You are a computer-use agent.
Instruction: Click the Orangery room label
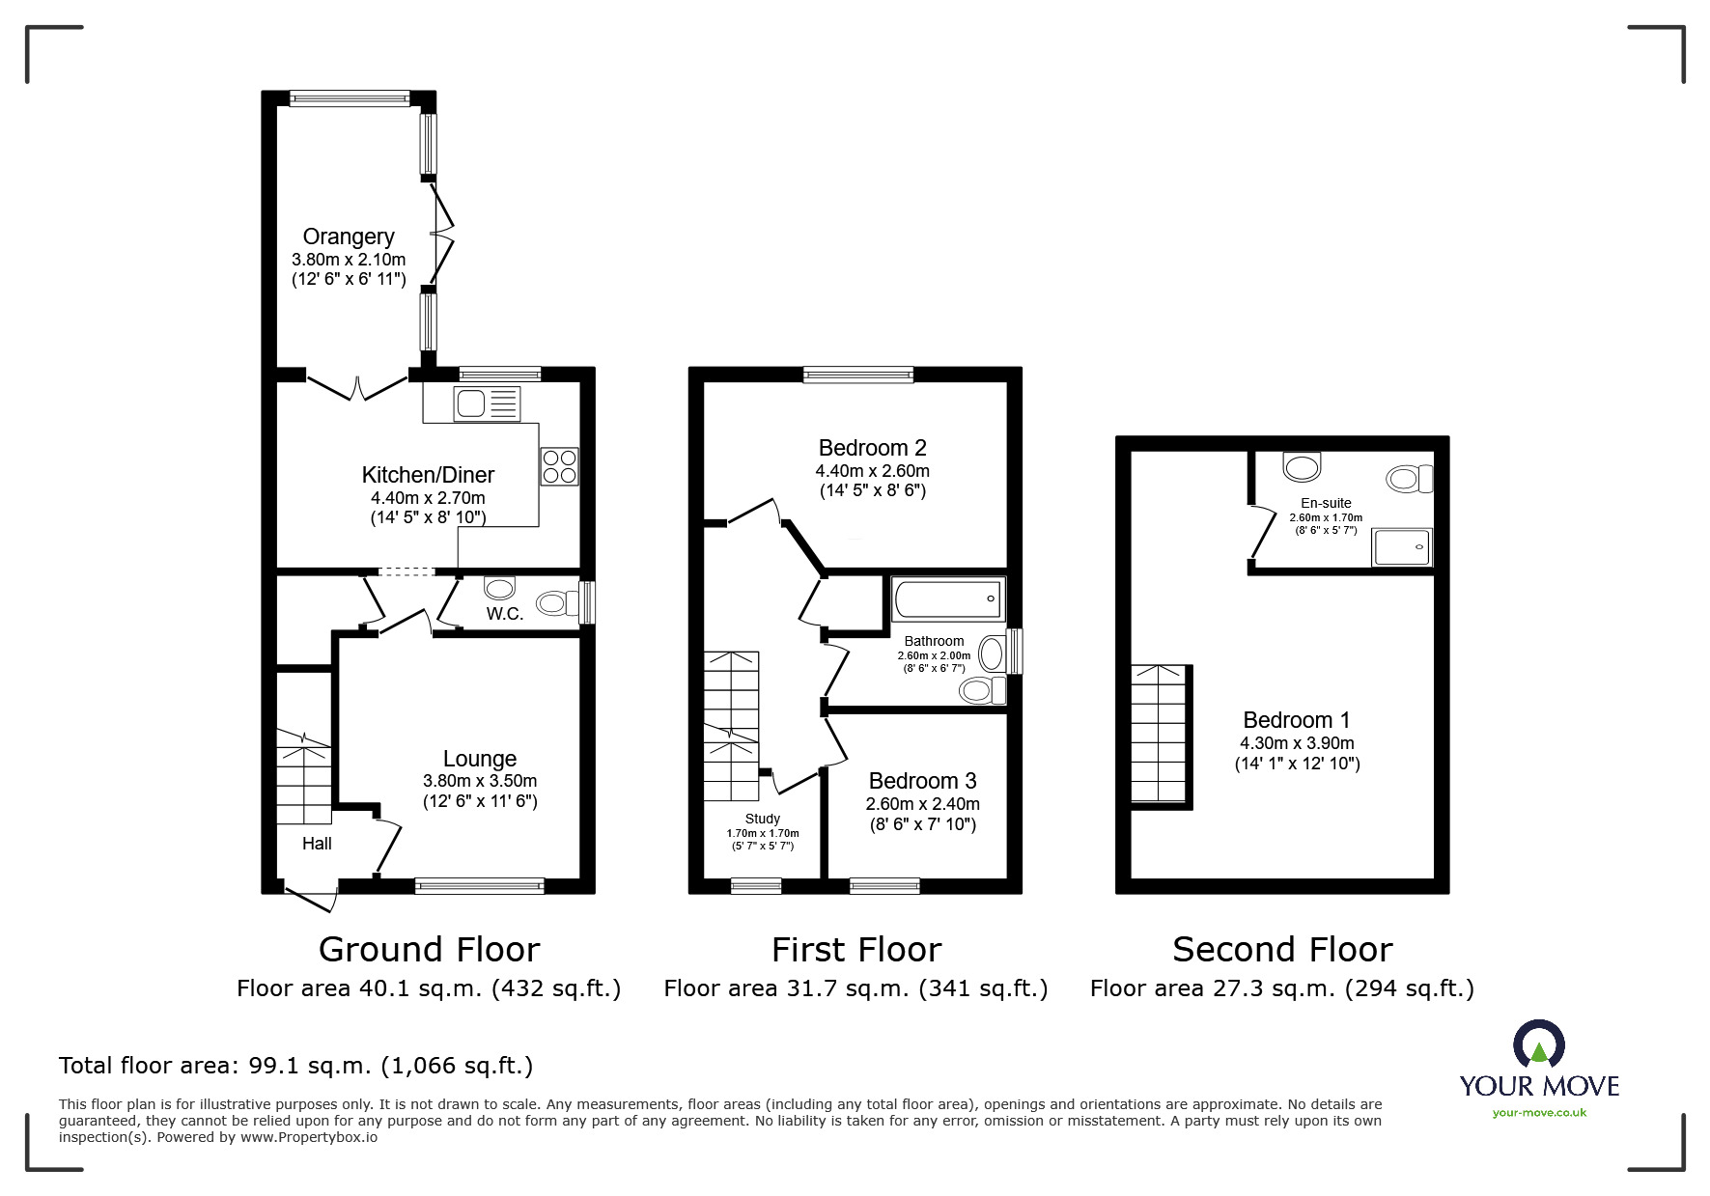click(349, 236)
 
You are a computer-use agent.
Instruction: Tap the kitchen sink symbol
click(487, 403)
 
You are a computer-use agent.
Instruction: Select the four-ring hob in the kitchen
click(560, 466)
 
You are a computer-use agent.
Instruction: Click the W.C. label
click(504, 614)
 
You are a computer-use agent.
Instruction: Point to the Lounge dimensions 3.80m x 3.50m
click(480, 781)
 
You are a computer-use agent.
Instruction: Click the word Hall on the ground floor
click(317, 844)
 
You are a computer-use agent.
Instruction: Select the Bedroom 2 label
click(872, 448)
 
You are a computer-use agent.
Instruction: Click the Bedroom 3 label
click(922, 781)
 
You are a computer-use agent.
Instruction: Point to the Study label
click(762, 819)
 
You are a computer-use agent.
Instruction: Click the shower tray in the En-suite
click(1402, 547)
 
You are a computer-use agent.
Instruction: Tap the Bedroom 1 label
click(1296, 720)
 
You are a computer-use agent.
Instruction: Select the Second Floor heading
click(1281, 950)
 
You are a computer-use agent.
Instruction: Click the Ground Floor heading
click(429, 950)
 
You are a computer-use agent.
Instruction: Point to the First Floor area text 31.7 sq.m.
click(855, 988)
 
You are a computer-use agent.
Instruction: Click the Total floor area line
click(295, 1066)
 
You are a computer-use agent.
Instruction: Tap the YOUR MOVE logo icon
click(1538, 1044)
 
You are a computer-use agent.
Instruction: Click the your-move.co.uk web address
click(1539, 1113)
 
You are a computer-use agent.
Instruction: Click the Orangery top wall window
click(350, 97)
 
